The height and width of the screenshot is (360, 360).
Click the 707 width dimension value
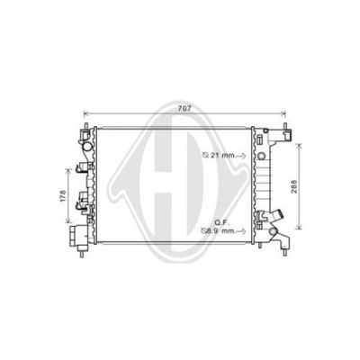(x=184, y=109)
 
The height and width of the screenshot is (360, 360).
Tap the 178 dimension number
(x=63, y=195)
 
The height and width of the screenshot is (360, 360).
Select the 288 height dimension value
(x=294, y=186)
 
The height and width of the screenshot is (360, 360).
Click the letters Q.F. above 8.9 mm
(x=221, y=222)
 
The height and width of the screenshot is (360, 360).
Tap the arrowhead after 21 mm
(x=244, y=156)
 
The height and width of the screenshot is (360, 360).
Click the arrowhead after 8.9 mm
(x=244, y=231)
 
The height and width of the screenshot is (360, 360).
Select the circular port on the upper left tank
(x=88, y=147)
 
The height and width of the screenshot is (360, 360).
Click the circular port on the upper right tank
(x=261, y=156)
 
